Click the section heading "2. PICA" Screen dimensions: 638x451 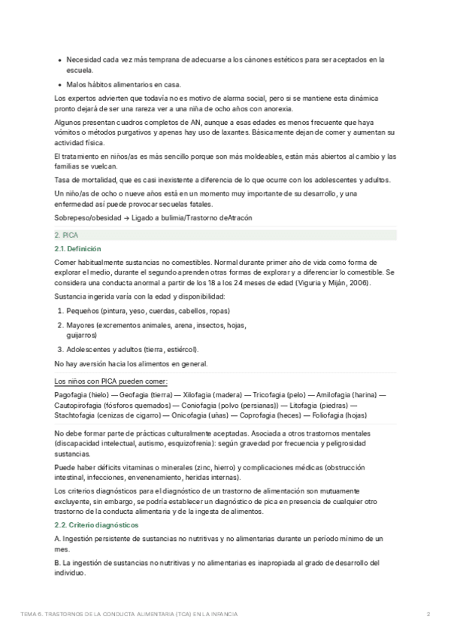66,235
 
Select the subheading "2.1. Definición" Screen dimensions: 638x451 77,249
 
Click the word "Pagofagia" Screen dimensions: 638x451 71,394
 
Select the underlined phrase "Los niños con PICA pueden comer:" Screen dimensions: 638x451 112,381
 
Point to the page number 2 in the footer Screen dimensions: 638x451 428,615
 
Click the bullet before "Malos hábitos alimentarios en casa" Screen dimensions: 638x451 59,84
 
